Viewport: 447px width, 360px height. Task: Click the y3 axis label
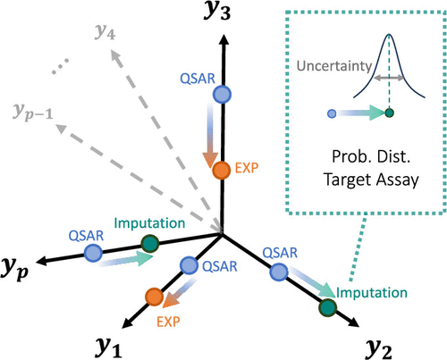click(217, 12)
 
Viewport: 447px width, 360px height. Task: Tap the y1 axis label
click(109, 347)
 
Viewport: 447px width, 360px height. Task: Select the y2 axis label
click(378, 349)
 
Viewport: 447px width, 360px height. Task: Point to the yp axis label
click(15, 269)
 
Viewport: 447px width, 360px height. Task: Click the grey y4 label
click(105, 31)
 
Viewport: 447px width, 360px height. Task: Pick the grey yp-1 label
click(33, 113)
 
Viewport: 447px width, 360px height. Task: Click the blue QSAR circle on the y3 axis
click(223, 95)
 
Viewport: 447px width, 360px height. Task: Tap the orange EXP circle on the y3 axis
click(222, 171)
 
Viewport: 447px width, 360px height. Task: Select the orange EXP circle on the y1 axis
click(155, 297)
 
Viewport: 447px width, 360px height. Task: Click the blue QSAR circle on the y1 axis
click(190, 265)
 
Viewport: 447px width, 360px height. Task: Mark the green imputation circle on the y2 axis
click(328, 307)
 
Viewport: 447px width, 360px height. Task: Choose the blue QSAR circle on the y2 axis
click(279, 272)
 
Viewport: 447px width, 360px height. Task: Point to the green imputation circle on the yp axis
click(150, 244)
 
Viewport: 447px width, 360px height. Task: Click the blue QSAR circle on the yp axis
click(93, 253)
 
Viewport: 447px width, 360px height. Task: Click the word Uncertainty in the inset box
click(334, 66)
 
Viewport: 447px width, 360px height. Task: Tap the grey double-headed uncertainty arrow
click(389, 78)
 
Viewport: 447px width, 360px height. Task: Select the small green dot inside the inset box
click(389, 113)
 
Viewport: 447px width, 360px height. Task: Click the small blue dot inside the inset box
click(332, 113)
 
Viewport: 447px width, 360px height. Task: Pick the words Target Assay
click(371, 180)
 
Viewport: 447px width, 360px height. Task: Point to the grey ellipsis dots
click(61, 66)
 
